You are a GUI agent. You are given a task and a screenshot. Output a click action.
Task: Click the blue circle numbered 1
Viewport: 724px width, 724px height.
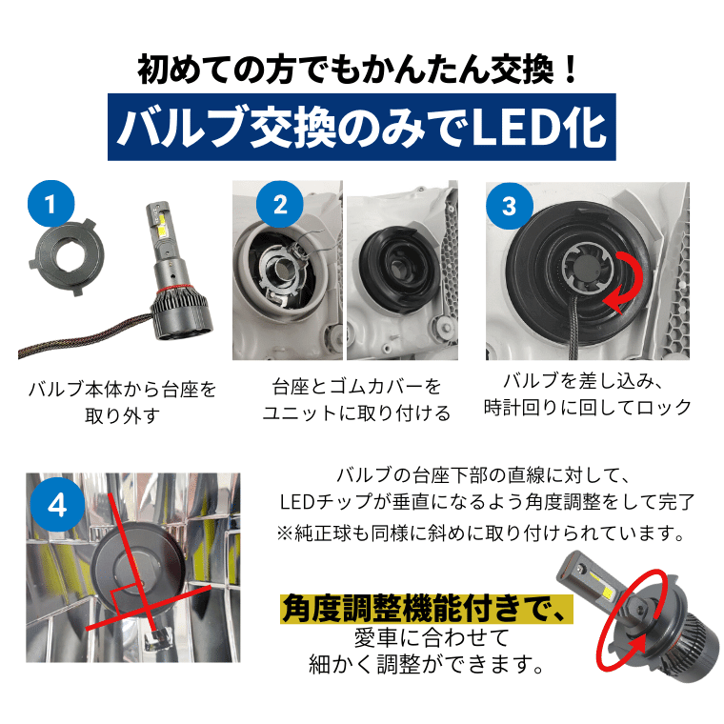click(x=50, y=204)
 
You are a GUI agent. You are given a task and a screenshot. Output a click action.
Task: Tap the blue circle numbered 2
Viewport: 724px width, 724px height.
click(x=279, y=205)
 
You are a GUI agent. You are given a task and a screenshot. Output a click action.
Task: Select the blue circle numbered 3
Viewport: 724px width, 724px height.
click(x=510, y=206)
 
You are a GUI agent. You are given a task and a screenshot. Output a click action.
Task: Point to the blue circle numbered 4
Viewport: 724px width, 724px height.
click(x=57, y=505)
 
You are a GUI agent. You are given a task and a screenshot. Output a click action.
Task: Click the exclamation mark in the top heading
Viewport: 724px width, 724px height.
click(x=571, y=70)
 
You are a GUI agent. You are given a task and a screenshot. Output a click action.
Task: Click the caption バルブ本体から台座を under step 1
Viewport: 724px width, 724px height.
click(x=122, y=390)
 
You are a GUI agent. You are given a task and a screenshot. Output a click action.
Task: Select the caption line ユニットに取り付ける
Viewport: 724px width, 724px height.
click(x=356, y=412)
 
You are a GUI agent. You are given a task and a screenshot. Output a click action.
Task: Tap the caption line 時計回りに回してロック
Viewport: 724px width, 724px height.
click(x=588, y=408)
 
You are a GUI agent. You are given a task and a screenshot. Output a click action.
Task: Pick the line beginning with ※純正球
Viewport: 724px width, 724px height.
click(x=481, y=533)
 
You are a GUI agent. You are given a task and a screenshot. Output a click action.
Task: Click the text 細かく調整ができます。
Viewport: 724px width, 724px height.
click(x=426, y=664)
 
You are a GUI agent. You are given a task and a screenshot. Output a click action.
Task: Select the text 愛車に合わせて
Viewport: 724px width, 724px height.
click(x=432, y=637)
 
